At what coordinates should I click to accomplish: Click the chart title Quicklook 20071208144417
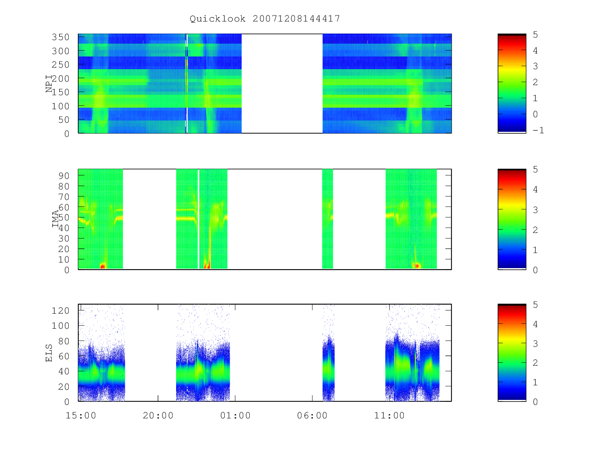[265, 19]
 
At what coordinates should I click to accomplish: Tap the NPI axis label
[49, 84]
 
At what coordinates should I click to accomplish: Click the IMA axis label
[55, 219]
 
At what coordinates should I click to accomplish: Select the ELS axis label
[49, 353]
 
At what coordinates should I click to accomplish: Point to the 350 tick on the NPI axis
[60, 37]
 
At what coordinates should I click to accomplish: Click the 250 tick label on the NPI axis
[60, 65]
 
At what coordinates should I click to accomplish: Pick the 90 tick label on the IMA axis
[63, 176]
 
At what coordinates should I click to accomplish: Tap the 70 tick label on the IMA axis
[63, 196]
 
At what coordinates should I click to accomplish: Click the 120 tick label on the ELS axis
[60, 311]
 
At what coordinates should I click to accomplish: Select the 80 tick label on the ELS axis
[63, 341]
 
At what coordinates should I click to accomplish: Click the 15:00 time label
[81, 415]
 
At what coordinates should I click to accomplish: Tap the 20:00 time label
[158, 415]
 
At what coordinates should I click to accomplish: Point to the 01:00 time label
[235, 415]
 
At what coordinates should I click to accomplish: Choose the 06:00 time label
[312, 415]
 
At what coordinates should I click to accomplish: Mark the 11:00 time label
[389, 415]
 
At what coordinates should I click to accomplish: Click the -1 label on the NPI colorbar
[538, 130]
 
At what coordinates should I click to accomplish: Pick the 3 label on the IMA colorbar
[535, 210]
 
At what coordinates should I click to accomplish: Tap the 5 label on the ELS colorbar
[535, 305]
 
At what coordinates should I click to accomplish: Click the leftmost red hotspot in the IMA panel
[102, 266]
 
